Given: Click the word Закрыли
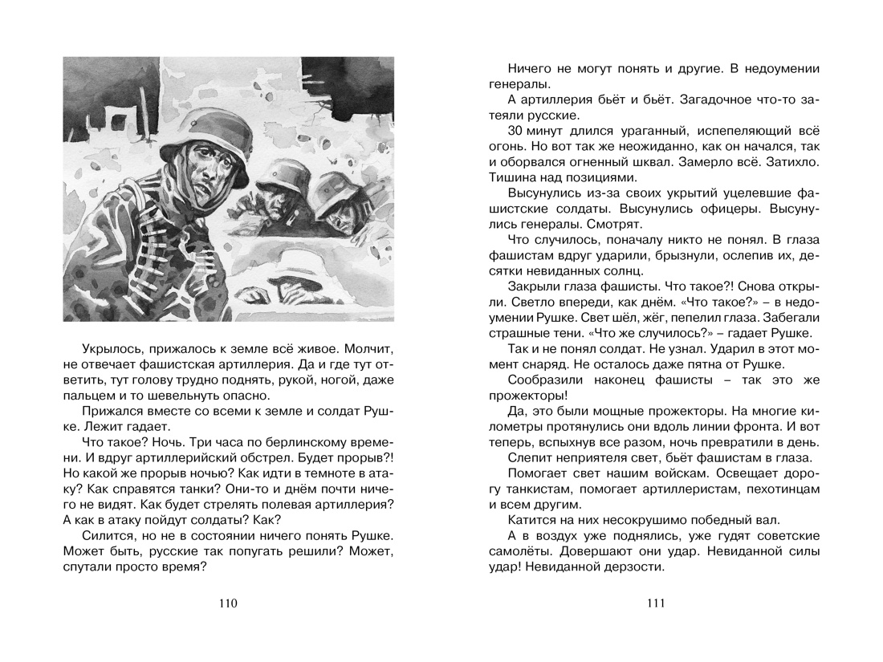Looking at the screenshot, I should coord(535,287).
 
